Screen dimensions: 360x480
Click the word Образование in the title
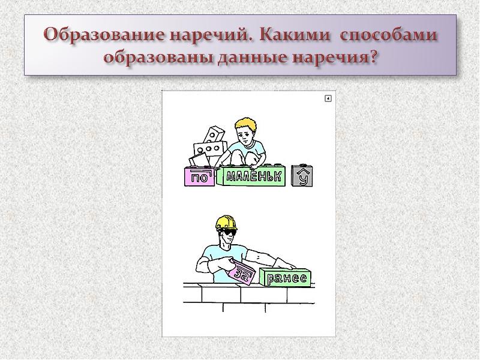coord(106,35)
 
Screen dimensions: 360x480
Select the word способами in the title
coord(389,35)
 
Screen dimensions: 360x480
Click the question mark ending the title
coord(373,59)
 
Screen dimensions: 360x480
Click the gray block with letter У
coord(303,176)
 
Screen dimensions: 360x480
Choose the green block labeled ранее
coord(287,278)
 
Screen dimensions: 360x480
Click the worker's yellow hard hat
coord(226,222)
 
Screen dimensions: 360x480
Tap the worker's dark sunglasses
coord(227,231)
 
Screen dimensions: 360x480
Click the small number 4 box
coord(328,98)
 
